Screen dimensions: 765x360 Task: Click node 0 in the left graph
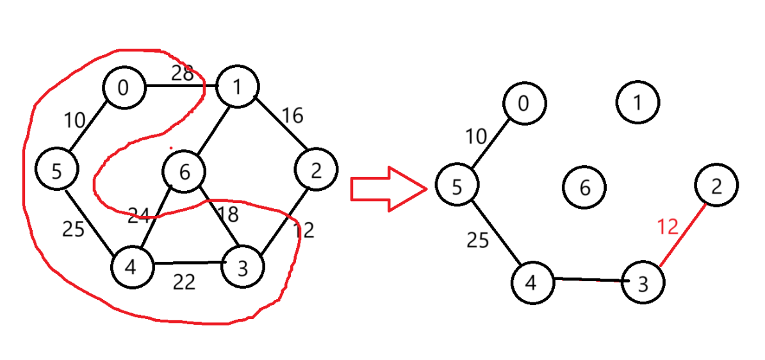[124, 87]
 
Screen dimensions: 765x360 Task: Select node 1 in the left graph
[237, 86]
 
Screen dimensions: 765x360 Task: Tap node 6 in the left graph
[184, 172]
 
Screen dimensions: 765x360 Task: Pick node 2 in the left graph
[317, 170]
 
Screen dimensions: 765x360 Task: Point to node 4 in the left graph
[132, 266]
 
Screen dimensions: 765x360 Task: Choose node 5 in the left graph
[56, 171]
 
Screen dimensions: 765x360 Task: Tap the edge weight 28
[182, 74]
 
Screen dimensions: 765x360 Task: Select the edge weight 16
[292, 115]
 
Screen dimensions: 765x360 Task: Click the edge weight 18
[228, 215]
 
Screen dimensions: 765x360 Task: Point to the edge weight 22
[184, 282]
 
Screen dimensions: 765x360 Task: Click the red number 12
[667, 227]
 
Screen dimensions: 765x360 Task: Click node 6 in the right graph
[584, 188]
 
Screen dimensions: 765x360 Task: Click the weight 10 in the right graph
[476, 136]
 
